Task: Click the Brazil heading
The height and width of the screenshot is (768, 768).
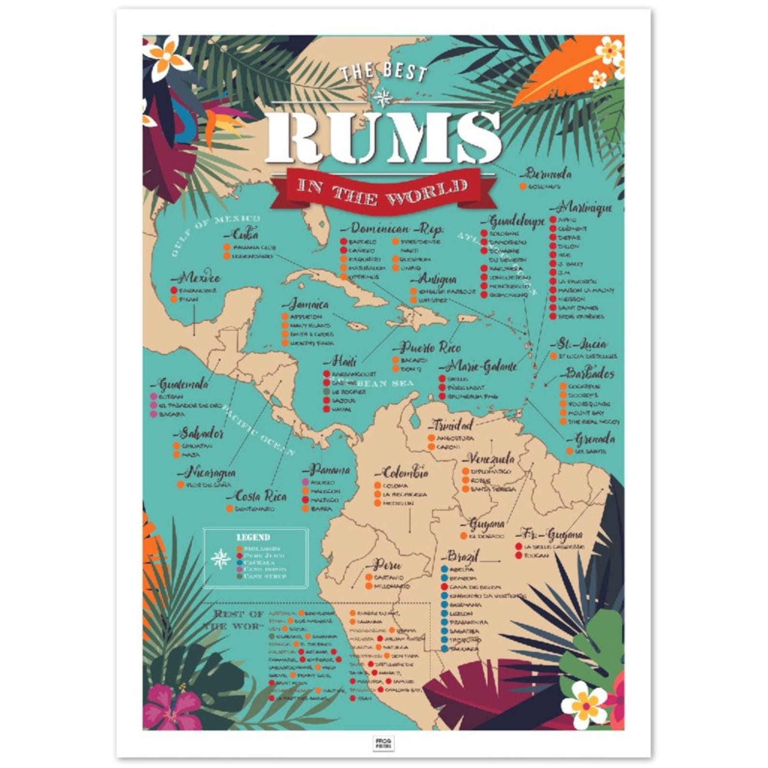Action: (462, 556)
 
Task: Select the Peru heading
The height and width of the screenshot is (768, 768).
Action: (386, 565)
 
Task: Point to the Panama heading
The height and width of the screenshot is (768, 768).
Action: (328, 470)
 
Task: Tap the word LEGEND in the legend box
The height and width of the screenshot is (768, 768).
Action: (253, 537)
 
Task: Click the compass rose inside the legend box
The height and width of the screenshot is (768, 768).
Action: (221, 559)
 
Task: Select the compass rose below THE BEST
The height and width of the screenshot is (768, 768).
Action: (384, 97)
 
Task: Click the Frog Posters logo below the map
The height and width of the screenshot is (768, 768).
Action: (384, 743)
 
